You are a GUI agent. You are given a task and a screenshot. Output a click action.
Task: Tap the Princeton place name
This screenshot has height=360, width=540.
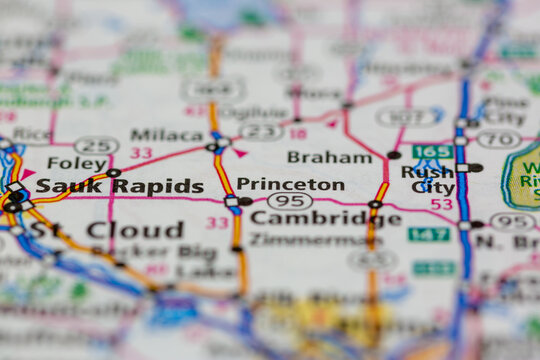coord(290,184)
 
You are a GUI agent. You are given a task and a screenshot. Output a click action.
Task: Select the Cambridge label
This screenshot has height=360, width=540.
coord(325,218)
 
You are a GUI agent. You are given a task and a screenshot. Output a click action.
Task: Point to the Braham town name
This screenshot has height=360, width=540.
coord(329,157)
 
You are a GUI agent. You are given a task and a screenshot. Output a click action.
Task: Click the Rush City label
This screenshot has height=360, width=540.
coord(427,180)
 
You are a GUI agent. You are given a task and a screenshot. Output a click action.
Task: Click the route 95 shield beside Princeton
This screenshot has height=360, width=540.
coord(289,201)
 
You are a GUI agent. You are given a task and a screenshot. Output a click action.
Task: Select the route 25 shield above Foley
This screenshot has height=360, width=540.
coord(96,146)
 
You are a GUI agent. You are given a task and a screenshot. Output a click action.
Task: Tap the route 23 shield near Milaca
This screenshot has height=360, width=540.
coord(262,132)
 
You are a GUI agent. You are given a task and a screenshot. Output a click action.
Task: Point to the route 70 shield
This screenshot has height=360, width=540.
coord(498,139)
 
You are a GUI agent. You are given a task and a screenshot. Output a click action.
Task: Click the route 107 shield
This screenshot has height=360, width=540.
coord(408,117)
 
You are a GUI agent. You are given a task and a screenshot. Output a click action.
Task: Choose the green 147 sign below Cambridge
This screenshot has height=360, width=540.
coord(428,234)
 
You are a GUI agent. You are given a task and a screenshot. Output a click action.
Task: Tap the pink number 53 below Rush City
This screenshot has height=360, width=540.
coord(441,204)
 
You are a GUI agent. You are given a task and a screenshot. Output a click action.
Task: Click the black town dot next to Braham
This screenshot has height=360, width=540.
coord(394,155)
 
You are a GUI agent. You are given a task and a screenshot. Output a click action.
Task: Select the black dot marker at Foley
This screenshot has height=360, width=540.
coord(114,173)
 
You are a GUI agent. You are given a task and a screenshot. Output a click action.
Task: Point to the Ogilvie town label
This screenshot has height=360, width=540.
coord(254,112)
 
